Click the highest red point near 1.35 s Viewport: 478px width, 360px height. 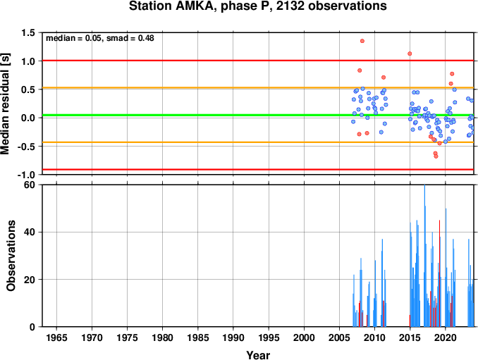pos(362,41)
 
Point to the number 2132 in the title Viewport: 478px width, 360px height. pos(290,6)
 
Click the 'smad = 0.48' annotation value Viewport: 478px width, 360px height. pos(130,38)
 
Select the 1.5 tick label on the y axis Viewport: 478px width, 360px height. pos(28,32)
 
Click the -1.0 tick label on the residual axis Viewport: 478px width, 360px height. pos(26,175)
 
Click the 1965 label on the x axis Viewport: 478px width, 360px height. pos(56,337)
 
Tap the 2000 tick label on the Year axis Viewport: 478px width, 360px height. pos(304,337)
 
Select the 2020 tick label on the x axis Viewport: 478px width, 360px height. pos(446,337)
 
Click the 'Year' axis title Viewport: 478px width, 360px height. pos(258,355)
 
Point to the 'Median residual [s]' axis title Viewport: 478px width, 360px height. pos(5,104)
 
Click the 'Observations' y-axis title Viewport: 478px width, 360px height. pos(11,256)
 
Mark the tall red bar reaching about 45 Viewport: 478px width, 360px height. pos(439,273)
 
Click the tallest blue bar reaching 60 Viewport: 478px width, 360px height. pos(424,256)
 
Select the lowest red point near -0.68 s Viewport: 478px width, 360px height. pos(436,156)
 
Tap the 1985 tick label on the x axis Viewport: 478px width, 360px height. pos(198,337)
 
